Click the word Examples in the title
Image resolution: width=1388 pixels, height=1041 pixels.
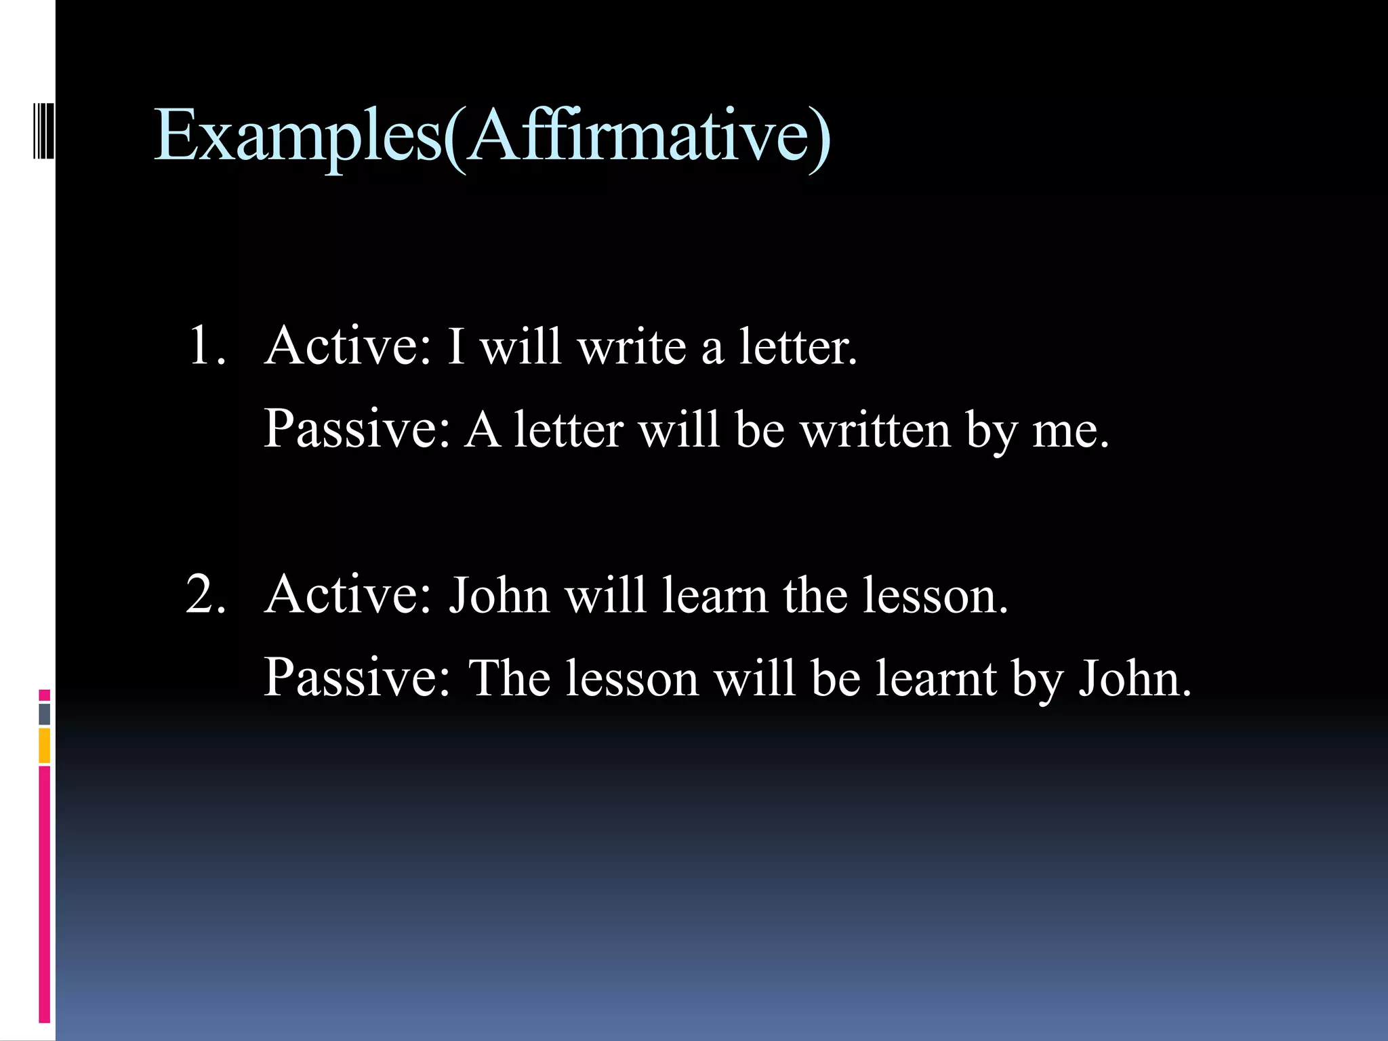coord(298,136)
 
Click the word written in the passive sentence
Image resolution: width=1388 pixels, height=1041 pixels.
coord(875,430)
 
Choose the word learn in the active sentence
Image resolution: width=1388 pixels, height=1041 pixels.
coord(715,596)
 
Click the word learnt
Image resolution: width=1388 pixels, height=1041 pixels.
coord(936,678)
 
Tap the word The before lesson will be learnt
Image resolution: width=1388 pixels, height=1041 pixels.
coord(508,678)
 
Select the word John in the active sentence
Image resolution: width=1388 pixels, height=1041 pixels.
coord(499,596)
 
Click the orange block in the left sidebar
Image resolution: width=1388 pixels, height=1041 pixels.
coord(45,746)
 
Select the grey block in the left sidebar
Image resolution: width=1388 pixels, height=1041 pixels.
coord(45,714)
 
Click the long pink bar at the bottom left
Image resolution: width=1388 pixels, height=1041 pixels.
coord(45,895)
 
